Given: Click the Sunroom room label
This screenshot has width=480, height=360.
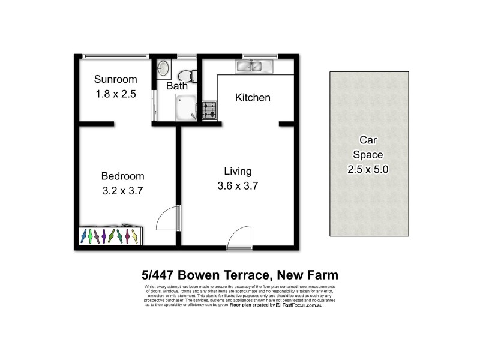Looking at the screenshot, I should [116, 79].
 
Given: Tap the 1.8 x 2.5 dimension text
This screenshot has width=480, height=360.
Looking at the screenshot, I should [116, 94].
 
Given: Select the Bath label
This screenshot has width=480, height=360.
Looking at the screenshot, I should [177, 86].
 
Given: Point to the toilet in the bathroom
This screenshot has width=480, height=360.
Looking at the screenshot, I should [188, 75].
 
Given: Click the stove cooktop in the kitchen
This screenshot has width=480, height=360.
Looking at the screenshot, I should [209, 110].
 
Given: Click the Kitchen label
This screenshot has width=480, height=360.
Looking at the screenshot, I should [252, 97].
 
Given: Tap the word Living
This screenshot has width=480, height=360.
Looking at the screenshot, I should [238, 171].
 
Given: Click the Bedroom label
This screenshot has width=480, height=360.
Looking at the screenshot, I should [122, 176].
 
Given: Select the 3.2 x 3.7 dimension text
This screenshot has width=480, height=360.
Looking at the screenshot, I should [122, 191].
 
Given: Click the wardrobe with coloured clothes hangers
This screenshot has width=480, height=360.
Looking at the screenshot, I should [112, 236].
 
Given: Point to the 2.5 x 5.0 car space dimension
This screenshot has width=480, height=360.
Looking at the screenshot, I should [368, 169].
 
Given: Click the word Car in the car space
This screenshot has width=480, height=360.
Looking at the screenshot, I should [368, 140].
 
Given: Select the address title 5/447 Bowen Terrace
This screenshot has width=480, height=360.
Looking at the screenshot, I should [239, 275].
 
